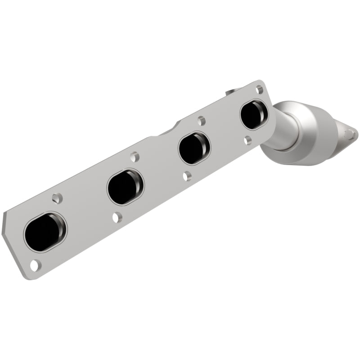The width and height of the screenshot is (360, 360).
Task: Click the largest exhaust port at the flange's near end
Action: [x=45, y=231]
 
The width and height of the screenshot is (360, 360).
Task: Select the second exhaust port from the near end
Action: [x=125, y=187]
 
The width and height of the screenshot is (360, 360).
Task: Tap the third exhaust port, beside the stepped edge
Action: [x=194, y=148]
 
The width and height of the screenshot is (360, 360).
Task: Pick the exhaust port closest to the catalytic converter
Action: [x=254, y=115]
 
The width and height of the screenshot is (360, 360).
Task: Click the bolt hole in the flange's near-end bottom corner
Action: [x=35, y=265]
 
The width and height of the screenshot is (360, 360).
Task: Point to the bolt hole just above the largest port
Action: [x=57, y=198]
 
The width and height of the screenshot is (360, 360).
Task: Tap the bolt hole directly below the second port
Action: [x=117, y=217]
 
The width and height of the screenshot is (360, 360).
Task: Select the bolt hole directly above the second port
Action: [x=134, y=157]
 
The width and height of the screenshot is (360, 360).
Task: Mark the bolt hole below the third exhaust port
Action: [x=187, y=176]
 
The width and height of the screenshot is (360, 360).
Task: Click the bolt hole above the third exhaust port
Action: [x=201, y=121]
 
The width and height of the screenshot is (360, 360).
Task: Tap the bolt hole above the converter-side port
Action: [x=260, y=90]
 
